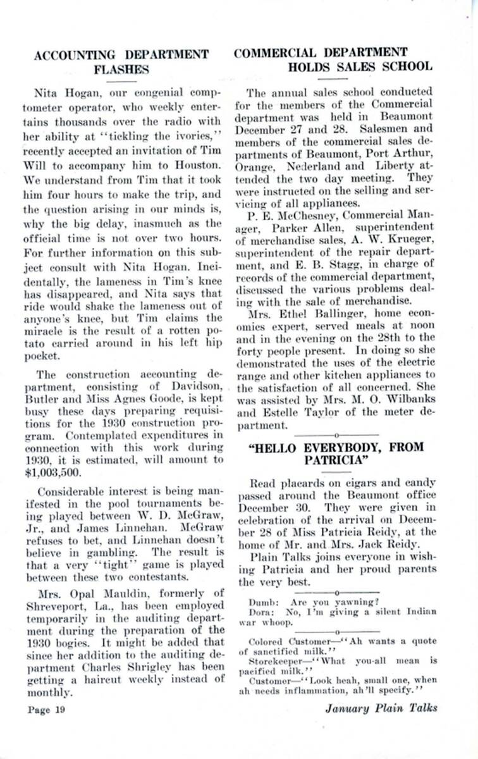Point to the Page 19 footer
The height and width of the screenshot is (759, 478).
46,709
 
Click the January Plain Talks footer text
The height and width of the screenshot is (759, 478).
381,708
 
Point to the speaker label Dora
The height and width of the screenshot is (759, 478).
261,611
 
